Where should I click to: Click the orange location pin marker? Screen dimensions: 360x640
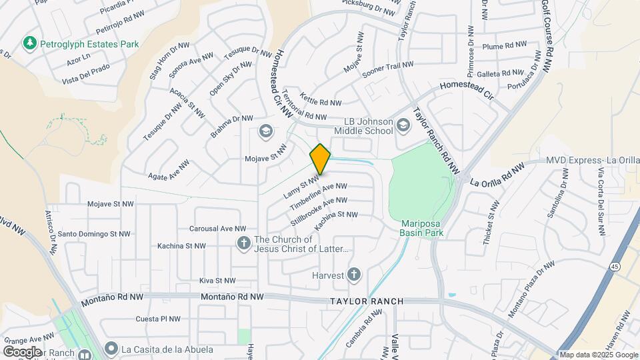(x=320, y=159)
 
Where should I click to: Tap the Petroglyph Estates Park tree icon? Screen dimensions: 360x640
(x=29, y=44)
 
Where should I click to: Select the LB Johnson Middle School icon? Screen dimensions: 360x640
(x=403, y=125)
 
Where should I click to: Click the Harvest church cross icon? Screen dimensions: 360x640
(x=354, y=275)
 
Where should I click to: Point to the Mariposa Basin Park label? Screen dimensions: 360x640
(x=422, y=228)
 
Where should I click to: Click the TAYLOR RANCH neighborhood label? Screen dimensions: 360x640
(x=367, y=301)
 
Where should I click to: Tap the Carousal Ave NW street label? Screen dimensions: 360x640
(x=218, y=228)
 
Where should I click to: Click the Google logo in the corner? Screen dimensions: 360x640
(x=22, y=351)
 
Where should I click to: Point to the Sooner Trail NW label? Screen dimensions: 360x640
(x=388, y=69)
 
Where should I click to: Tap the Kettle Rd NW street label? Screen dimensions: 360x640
(x=321, y=99)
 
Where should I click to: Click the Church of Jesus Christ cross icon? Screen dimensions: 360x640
(x=244, y=244)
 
